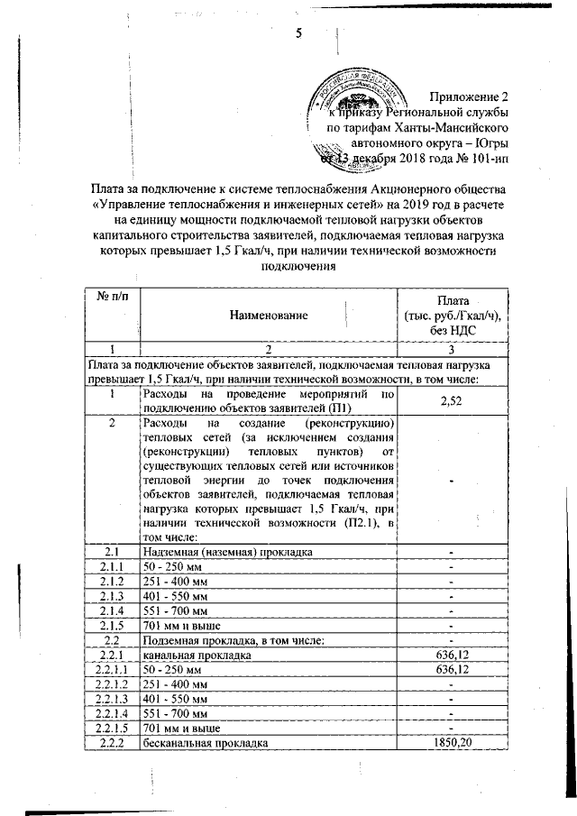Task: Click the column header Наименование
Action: [269, 315]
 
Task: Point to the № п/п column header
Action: [110, 298]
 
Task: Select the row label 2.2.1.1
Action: [111, 671]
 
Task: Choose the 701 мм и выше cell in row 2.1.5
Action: [180, 626]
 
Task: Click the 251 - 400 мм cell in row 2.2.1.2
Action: [175, 685]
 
